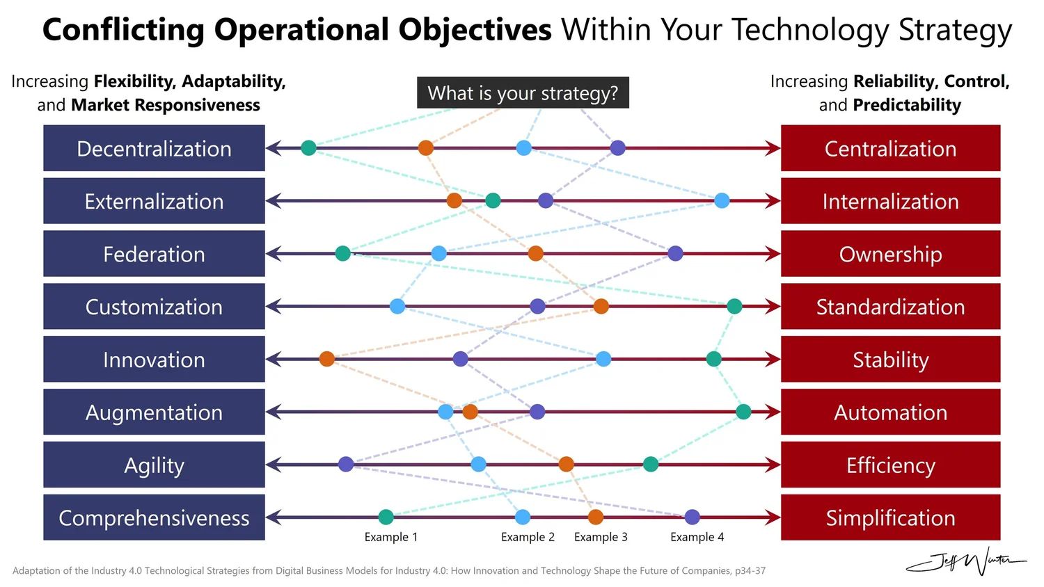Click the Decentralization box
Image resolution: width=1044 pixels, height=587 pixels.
tap(154, 148)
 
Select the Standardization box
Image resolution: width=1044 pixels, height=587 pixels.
tap(890, 306)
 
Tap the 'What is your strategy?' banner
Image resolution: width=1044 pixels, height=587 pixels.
tap(523, 93)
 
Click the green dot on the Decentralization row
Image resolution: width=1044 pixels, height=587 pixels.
tap(308, 147)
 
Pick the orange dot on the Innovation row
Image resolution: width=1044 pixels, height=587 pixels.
tap(327, 359)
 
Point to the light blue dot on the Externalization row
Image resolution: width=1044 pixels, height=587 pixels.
tap(722, 201)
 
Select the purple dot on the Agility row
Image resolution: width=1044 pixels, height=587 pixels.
tap(346, 464)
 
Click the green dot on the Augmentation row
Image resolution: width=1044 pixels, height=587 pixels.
tap(743, 412)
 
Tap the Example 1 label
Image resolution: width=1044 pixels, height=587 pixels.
tap(390, 537)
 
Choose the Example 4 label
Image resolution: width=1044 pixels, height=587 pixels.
tap(697, 537)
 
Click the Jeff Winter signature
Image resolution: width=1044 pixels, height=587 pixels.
tap(967, 560)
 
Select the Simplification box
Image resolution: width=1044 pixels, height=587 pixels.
tap(890, 517)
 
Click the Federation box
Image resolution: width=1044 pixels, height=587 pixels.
tap(154, 254)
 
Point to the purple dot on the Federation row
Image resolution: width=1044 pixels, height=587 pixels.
tap(675, 253)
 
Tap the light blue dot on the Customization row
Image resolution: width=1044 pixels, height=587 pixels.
tap(397, 306)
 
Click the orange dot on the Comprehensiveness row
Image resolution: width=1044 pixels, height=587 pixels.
tap(595, 517)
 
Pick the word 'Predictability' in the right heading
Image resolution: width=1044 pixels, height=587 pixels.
tap(906, 105)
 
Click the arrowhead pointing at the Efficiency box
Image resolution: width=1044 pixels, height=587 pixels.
tap(773, 465)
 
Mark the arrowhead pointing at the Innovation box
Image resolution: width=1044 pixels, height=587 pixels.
tap(274, 359)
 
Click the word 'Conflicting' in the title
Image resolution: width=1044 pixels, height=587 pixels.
tap(123, 30)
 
